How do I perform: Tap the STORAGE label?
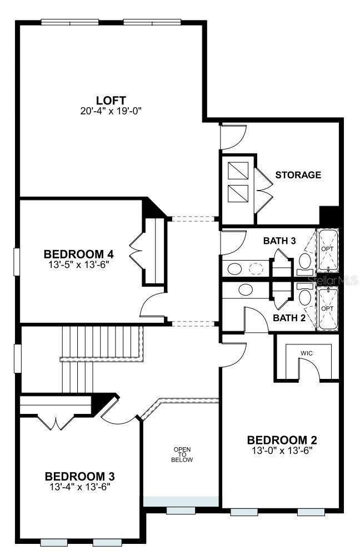click(298, 174)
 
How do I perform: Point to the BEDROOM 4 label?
click(78, 254)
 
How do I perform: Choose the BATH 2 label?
click(289, 318)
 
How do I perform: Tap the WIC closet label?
click(307, 352)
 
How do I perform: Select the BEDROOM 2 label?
click(282, 440)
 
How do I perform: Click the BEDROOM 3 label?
click(79, 476)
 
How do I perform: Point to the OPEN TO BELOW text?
click(182, 454)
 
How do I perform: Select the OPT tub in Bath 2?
click(327, 308)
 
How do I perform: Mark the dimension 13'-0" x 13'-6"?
click(282, 451)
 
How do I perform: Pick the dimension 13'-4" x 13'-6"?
click(79, 487)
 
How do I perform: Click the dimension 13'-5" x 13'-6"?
click(78, 264)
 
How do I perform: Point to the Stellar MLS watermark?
click(331, 282)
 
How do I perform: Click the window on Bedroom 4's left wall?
click(17, 262)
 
